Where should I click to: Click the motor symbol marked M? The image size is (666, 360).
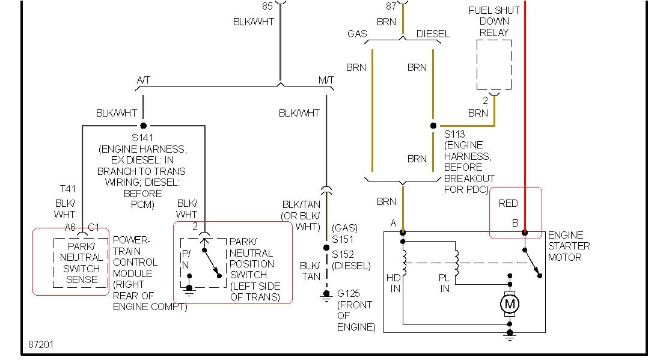(x=510, y=305)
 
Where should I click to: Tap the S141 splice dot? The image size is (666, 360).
(x=143, y=126)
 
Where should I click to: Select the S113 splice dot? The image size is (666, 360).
(x=433, y=126)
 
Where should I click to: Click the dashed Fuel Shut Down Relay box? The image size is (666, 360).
(x=494, y=65)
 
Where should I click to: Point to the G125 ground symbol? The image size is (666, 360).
(x=326, y=294)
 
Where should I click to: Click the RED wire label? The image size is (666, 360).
(x=508, y=203)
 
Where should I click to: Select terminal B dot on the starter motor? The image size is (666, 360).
(x=525, y=232)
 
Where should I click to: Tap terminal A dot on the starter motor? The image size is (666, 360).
(x=403, y=232)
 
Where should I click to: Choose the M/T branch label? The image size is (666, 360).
(x=326, y=80)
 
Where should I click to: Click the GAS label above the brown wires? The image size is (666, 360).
(x=357, y=34)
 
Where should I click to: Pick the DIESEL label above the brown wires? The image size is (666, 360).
(x=433, y=34)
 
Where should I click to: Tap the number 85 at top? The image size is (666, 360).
(x=267, y=6)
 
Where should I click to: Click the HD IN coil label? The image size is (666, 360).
(x=394, y=283)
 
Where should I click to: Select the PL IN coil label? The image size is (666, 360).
(x=445, y=283)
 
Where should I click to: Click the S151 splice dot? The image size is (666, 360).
(x=326, y=247)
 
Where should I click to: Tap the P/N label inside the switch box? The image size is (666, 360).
(x=186, y=259)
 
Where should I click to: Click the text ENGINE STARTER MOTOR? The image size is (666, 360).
(x=568, y=246)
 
